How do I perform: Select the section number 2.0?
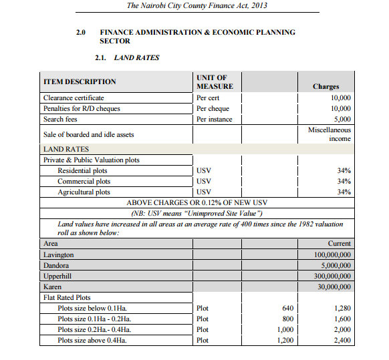(x=82, y=32)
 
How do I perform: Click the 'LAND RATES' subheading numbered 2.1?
(x=136, y=58)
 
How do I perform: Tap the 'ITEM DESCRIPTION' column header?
(x=80, y=82)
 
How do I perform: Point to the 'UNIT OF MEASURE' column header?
(x=215, y=82)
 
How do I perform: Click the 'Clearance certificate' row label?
(x=74, y=98)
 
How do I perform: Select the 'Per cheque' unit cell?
(x=213, y=109)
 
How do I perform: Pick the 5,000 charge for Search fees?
(x=340, y=120)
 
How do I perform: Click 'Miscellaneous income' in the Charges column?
(x=330, y=134)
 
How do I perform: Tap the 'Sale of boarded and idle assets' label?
(x=88, y=134)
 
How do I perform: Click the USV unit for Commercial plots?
(x=205, y=182)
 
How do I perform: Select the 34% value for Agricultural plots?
(x=344, y=192)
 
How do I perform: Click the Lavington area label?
(x=58, y=255)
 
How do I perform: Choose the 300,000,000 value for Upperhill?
(x=332, y=276)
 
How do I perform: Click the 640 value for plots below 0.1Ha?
(x=288, y=309)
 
